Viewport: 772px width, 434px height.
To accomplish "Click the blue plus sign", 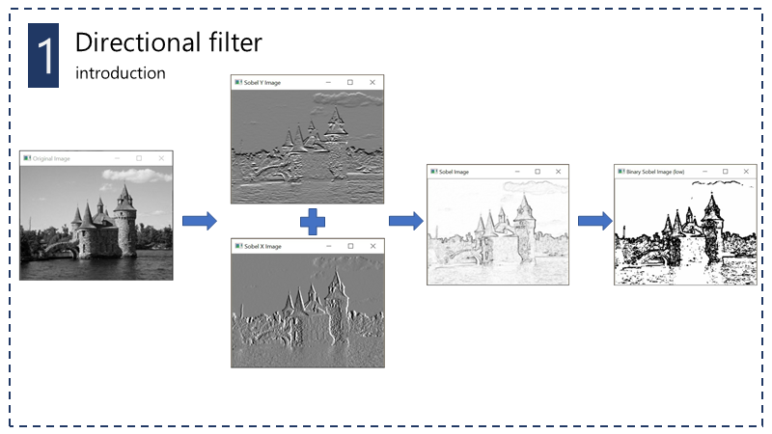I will [x=312, y=222].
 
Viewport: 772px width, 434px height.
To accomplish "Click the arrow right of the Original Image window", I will [x=200, y=222].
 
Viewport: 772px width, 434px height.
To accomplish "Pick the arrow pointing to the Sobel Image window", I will [x=405, y=222].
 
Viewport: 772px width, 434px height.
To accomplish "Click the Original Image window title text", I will [x=52, y=157].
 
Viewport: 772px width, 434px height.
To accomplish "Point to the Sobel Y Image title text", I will [x=263, y=83].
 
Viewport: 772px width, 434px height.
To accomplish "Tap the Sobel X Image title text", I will [x=263, y=248].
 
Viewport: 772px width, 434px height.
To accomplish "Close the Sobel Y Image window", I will [x=372, y=83].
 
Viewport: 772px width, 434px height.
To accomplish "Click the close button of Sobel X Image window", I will [x=372, y=248].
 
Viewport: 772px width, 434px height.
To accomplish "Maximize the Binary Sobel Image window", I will [x=724, y=172].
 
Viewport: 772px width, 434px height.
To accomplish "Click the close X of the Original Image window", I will [x=161, y=157].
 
